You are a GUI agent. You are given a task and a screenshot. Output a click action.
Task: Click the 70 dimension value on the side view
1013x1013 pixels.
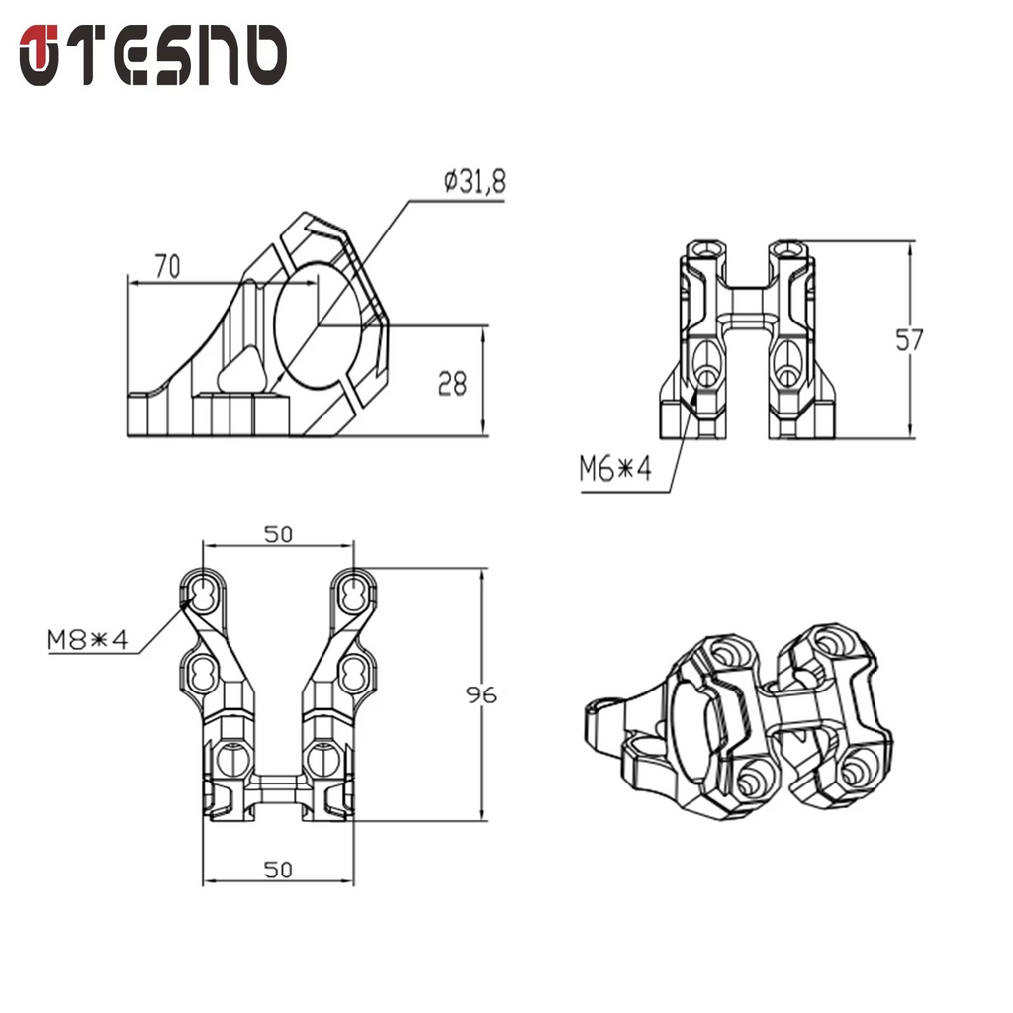167,265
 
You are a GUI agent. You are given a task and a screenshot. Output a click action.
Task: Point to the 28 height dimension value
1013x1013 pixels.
452,383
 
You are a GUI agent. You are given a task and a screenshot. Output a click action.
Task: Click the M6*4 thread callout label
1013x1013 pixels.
615,469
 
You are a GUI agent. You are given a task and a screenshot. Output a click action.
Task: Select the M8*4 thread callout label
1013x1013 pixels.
88,640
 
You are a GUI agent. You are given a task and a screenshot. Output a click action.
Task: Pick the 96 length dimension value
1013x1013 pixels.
481,694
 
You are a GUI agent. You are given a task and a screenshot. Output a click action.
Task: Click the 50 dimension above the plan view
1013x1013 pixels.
278,534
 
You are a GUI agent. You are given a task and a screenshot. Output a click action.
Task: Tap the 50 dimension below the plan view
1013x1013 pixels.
278,869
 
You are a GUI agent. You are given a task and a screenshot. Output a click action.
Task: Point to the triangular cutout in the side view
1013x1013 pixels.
240,372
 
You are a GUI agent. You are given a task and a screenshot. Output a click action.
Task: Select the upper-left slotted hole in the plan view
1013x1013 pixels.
204,592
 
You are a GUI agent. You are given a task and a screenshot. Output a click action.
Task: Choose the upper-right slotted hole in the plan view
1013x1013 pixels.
352,592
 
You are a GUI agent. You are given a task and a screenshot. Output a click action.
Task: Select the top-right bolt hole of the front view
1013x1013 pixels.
788,247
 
